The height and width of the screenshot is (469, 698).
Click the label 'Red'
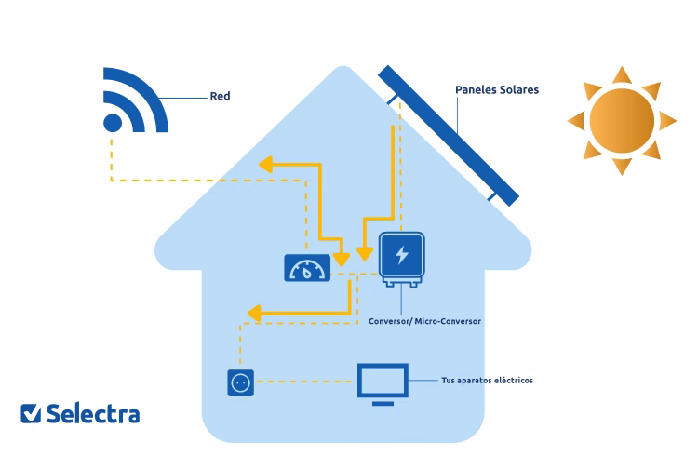[x=220, y=96]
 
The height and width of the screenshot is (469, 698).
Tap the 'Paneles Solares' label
[x=496, y=90]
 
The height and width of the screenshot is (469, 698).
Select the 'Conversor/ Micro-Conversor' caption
[x=424, y=321]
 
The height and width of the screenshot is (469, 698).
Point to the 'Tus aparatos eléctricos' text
[x=487, y=381]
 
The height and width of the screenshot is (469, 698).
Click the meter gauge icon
[x=306, y=269]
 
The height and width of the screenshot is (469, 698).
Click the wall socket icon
[x=240, y=382]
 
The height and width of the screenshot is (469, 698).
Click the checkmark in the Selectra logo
[x=31, y=412]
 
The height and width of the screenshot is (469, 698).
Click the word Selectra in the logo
[x=93, y=412]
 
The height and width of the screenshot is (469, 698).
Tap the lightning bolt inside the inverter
[x=402, y=254]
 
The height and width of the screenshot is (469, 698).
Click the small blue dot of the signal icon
[x=113, y=123]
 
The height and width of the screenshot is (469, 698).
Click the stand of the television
[x=383, y=401]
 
